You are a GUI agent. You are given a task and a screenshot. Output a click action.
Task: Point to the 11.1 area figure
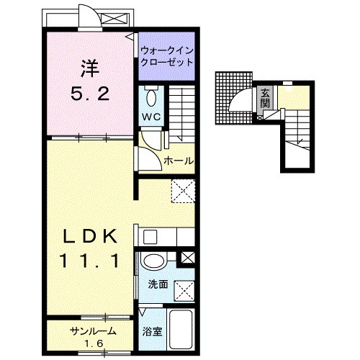coord(89,260)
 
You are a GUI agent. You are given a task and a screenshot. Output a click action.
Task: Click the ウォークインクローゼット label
coord(167,56)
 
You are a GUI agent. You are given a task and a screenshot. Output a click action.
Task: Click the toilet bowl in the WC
coord(150,96)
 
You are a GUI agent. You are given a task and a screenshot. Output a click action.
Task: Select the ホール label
coord(178,161)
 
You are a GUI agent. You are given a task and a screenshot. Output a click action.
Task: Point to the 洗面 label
coord(158,284)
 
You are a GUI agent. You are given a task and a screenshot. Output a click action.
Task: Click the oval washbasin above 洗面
coord(153,261)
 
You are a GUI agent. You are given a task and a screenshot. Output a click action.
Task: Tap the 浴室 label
coord(152,332)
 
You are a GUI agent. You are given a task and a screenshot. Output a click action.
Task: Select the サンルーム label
coord(92,330)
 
